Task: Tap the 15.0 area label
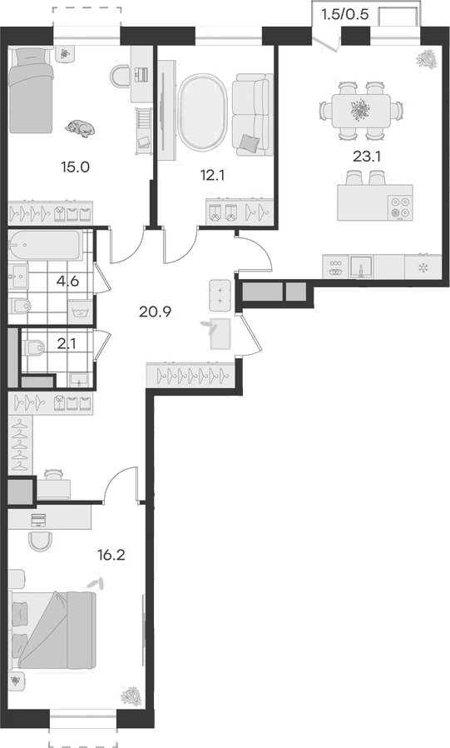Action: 75,167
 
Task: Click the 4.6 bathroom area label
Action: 67,281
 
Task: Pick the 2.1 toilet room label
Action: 67,344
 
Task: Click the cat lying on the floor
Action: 82,127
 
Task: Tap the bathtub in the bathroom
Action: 45,245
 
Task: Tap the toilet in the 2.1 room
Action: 33,347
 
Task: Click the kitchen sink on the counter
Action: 361,267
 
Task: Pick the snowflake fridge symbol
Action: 422,267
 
